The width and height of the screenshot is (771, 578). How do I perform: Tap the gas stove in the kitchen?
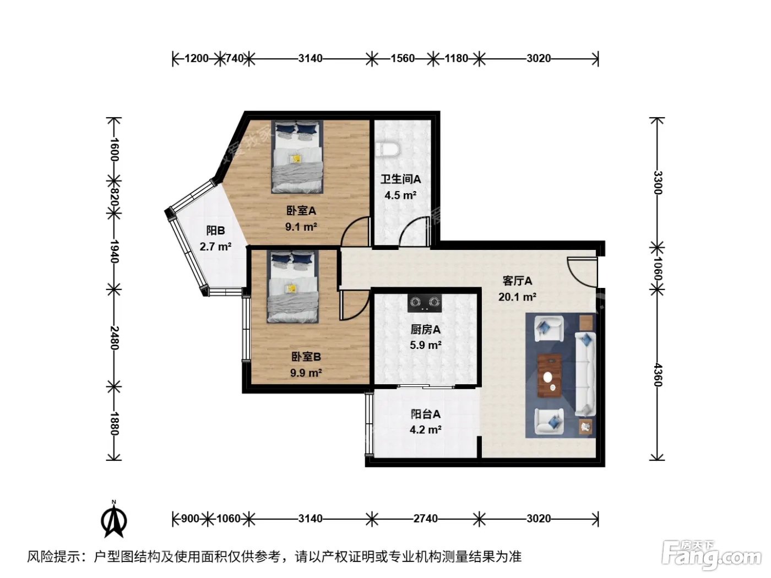pyautogui.click(x=425, y=303)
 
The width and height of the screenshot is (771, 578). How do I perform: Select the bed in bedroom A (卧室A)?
pyautogui.click(x=297, y=157)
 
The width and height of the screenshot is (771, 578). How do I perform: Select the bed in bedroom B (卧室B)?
pyautogui.click(x=293, y=286)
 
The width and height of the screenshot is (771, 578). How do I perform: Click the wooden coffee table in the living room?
pyautogui.click(x=550, y=376)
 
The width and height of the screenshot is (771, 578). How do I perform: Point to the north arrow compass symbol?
pyautogui.click(x=114, y=520)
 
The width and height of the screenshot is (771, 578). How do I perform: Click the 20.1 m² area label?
pyautogui.click(x=517, y=297)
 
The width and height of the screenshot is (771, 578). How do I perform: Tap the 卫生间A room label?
pyautogui.click(x=401, y=179)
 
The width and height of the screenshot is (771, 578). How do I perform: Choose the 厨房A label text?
pyautogui.click(x=425, y=330)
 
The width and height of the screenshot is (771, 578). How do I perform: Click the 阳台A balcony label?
pyautogui.click(x=425, y=414)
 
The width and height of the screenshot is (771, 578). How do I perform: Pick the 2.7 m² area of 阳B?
pyautogui.click(x=215, y=247)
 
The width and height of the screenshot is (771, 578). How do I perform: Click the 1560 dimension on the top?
pyautogui.click(x=403, y=58)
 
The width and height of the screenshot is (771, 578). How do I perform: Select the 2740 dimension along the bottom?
pyautogui.click(x=425, y=519)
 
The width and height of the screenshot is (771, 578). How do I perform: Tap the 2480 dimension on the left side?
pyautogui.click(x=115, y=338)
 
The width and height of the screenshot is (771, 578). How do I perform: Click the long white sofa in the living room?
pyautogui.click(x=585, y=375)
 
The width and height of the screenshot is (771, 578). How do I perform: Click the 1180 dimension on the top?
pyautogui.click(x=456, y=58)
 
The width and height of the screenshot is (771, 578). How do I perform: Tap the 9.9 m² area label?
pyautogui.click(x=306, y=373)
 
